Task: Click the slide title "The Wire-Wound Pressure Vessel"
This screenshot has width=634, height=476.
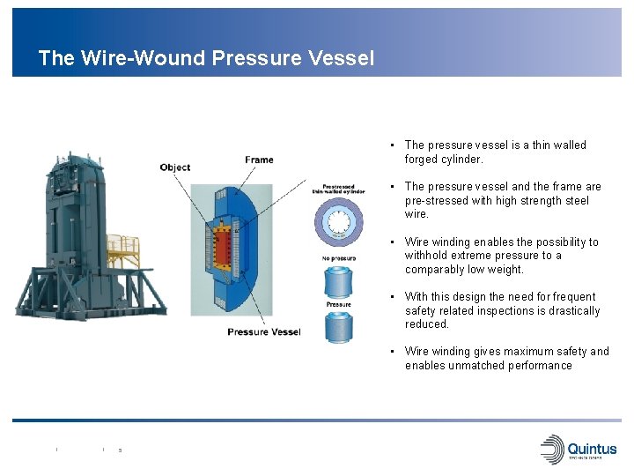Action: tap(206, 58)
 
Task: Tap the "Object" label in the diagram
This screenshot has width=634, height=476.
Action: tap(175, 167)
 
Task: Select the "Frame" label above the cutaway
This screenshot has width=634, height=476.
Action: tap(259, 160)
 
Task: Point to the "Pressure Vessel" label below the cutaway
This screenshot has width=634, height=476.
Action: tap(263, 331)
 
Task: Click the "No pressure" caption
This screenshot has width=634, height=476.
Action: tap(338, 258)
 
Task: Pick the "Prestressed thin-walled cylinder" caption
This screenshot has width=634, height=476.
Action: tap(338, 190)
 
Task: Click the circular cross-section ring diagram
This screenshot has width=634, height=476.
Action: tap(339, 221)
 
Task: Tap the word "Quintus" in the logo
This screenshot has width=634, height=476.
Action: tap(592, 447)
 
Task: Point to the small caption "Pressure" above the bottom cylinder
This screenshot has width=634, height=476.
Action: tap(339, 304)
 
